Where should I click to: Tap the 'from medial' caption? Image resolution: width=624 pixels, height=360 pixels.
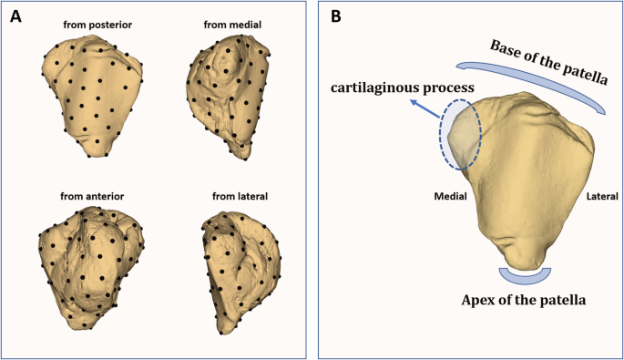point(228,25)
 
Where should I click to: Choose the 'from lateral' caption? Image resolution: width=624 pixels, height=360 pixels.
point(229,195)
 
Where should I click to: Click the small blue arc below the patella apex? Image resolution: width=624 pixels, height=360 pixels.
point(525,276)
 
